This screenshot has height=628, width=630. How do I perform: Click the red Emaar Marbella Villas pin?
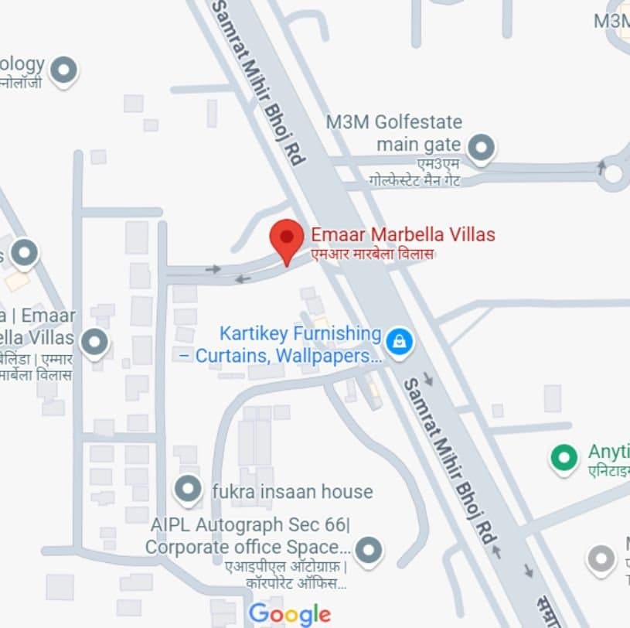288,238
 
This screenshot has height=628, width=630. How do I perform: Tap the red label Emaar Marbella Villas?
403,234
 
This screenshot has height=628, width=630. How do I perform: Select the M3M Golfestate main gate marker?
482,145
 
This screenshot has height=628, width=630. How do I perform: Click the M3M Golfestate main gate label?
393,133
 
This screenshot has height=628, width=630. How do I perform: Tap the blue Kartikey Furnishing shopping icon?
399,340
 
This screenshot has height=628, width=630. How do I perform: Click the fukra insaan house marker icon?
188,490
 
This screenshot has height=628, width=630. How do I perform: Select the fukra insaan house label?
292,491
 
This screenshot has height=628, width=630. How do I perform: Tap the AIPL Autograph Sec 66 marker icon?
369,550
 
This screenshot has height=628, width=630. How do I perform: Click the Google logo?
290,614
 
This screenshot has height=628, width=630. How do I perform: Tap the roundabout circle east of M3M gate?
613,173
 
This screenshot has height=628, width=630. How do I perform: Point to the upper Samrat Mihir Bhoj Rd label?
259,81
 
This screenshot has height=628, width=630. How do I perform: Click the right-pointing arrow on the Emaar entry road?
213,269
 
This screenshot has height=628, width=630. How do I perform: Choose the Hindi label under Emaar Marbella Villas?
373,254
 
